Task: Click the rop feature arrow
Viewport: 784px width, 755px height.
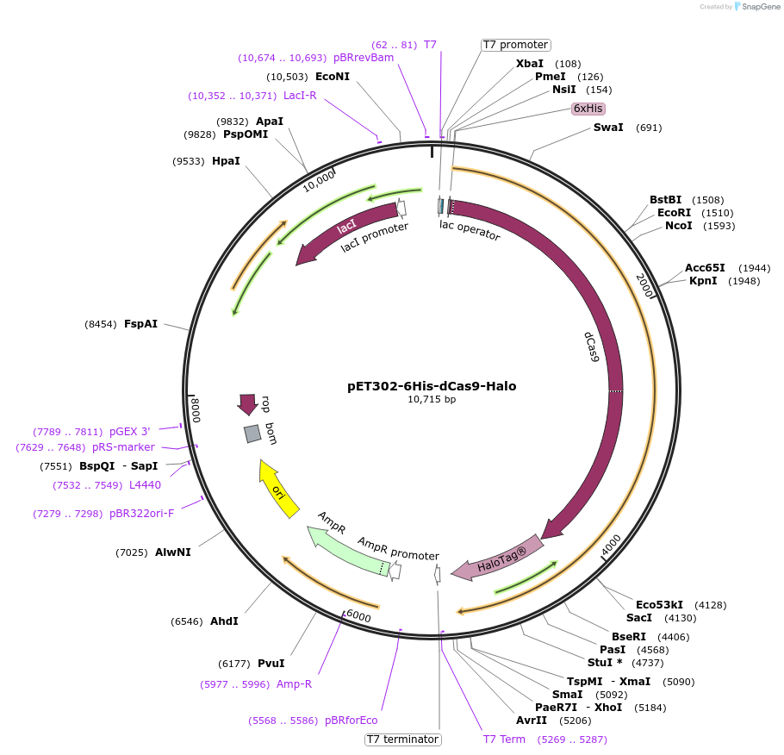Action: click(x=248, y=404)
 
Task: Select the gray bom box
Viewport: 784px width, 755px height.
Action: click(x=252, y=434)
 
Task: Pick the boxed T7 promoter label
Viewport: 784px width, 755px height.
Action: click(x=515, y=45)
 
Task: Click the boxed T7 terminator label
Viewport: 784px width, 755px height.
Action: click(x=403, y=739)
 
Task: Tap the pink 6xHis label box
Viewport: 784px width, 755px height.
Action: click(x=588, y=109)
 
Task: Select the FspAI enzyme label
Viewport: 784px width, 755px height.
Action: click(x=140, y=324)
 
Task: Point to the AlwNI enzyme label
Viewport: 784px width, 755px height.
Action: click(x=172, y=552)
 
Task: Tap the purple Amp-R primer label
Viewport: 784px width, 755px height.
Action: click(x=294, y=684)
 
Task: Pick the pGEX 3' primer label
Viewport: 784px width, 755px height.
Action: click(x=129, y=432)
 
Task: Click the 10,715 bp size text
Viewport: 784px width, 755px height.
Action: click(x=432, y=399)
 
